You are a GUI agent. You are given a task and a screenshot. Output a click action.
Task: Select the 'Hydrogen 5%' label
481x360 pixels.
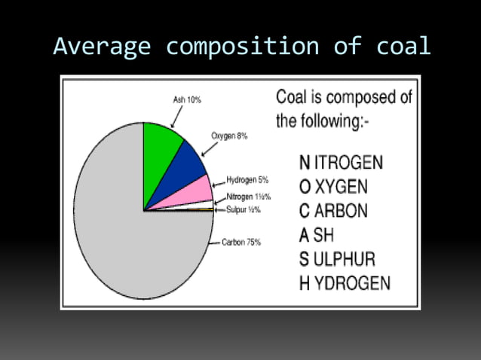point(247,181)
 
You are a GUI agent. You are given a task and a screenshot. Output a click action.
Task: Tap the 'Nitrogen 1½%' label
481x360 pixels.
point(248,197)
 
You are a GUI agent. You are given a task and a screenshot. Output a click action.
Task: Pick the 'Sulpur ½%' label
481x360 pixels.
point(242,209)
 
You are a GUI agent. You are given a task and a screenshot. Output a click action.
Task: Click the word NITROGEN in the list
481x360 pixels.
point(341,163)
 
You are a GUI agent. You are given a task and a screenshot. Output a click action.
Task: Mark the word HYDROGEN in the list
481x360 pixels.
point(345,283)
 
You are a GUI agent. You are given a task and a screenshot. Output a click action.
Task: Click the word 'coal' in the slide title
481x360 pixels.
point(403,46)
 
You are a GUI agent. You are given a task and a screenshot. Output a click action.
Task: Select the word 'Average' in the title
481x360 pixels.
point(102,46)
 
